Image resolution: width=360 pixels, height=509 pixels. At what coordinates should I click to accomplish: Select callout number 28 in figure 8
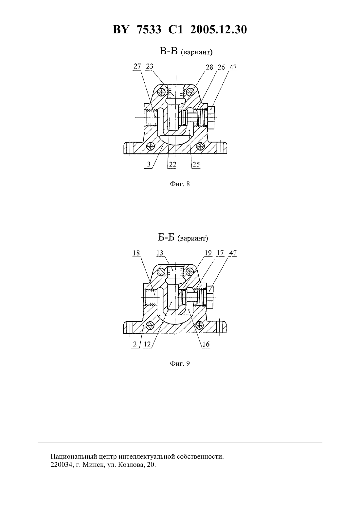(209, 67)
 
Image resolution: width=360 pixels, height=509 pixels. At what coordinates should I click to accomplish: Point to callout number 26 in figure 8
(221, 67)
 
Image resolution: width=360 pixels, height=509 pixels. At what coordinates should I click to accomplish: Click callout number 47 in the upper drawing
(233, 67)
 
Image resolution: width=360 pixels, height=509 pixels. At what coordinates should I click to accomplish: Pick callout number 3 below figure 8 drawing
(149, 164)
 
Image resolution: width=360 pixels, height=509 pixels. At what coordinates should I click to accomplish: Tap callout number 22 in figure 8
(173, 164)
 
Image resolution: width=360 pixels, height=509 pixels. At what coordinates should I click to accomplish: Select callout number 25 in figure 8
(196, 164)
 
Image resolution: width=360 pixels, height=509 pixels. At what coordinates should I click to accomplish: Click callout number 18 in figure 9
(136, 253)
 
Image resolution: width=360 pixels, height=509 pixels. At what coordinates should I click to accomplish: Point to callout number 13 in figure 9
(160, 253)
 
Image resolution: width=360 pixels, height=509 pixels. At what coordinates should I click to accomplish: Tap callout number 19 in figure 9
(208, 253)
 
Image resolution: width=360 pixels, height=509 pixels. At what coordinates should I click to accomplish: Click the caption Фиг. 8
(180, 184)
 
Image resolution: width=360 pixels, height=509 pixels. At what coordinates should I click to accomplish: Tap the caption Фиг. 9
(180, 363)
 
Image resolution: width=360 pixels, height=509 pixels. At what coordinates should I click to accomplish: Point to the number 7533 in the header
(150, 30)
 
